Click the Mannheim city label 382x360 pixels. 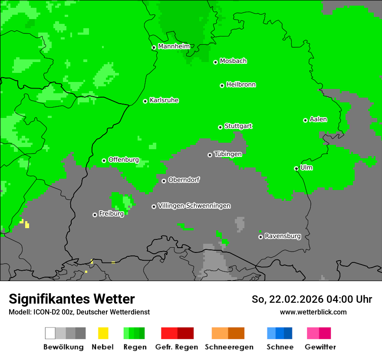174,46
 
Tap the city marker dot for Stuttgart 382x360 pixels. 221,127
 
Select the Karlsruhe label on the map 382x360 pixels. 164,100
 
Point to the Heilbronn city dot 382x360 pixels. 222,85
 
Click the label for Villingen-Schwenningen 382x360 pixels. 194,206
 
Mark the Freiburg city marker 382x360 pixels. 95,215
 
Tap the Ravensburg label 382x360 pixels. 283,236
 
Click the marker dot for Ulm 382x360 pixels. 296,168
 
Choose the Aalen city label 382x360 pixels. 318,119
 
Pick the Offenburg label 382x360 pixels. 124,160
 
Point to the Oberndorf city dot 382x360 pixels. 164,181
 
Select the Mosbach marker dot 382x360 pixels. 215,62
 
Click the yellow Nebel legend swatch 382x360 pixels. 103,333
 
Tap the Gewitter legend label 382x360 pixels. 320,347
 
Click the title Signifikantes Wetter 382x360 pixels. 72,299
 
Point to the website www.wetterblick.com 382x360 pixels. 313,312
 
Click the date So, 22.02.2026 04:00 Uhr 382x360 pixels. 312,299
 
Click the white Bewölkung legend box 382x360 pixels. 50,333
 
